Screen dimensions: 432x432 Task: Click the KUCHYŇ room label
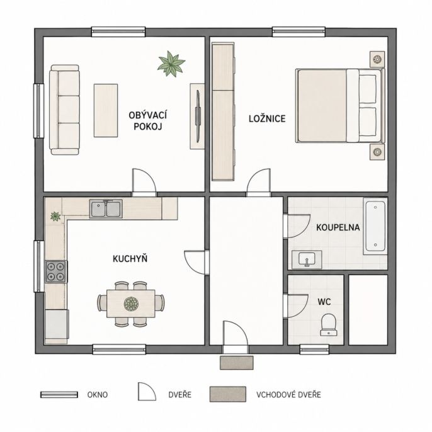pyautogui.click(x=130, y=258)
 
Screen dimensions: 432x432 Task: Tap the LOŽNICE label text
pyautogui.click(x=267, y=119)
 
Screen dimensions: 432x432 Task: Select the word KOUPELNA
pyautogui.click(x=338, y=227)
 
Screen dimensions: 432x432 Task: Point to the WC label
pyautogui.click(x=324, y=302)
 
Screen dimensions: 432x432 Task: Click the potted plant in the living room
pyautogui.click(x=171, y=64)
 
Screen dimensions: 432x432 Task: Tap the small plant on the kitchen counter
pyautogui.click(x=55, y=216)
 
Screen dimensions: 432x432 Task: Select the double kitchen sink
pyautogui.click(x=106, y=208)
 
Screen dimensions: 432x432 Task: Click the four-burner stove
pyautogui.click(x=56, y=271)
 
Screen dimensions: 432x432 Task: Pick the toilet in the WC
pyautogui.click(x=329, y=324)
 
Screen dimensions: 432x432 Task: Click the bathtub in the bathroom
pyautogui.click(x=375, y=226)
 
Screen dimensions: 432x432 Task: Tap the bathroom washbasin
pyautogui.click(x=307, y=259)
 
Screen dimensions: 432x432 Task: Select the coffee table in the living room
pyautogui.click(x=106, y=110)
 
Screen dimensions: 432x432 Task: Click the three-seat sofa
pyautogui.click(x=65, y=110)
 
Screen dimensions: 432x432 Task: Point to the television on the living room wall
pyautogui.click(x=198, y=117)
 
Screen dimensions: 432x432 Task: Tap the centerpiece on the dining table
pyautogui.click(x=131, y=304)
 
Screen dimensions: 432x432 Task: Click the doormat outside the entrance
pyautogui.click(x=236, y=363)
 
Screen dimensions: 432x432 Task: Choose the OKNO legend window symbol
pyautogui.click(x=59, y=394)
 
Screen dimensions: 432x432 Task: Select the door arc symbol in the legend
pyautogui.click(x=147, y=392)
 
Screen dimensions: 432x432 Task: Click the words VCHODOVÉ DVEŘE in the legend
pyautogui.click(x=288, y=394)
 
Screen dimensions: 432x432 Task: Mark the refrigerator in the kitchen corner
pyautogui.click(x=57, y=324)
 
